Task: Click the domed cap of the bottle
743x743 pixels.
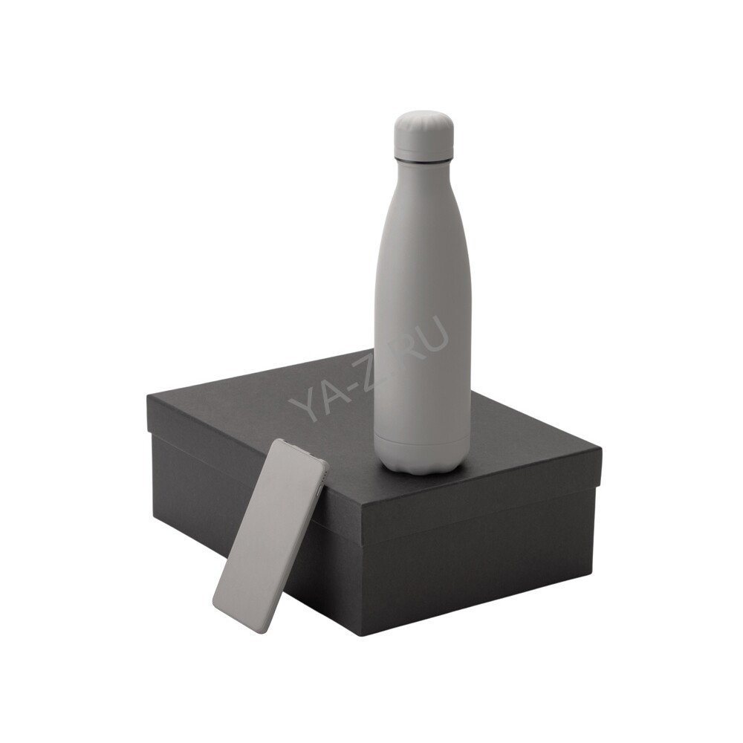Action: click(424, 137)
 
